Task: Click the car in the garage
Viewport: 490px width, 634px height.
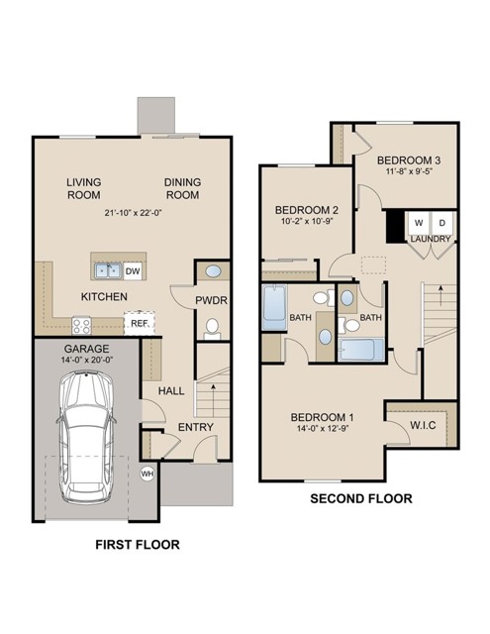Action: tap(86, 436)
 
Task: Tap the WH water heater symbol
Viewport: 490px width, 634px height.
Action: tap(148, 473)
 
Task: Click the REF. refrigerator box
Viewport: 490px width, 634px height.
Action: tap(139, 323)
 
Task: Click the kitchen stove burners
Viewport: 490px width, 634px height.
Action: tap(81, 324)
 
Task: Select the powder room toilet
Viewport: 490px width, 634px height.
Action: tap(211, 326)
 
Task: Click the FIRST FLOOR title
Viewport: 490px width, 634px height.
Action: tap(138, 545)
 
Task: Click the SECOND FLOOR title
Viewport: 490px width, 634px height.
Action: tap(360, 498)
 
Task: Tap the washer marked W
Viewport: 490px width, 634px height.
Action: tap(418, 222)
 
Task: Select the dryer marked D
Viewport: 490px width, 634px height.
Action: tap(441, 222)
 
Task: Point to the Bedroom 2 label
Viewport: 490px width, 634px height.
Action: tap(307, 209)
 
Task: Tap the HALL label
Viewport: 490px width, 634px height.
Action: tap(172, 391)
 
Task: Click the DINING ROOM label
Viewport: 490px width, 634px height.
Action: tap(183, 188)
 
